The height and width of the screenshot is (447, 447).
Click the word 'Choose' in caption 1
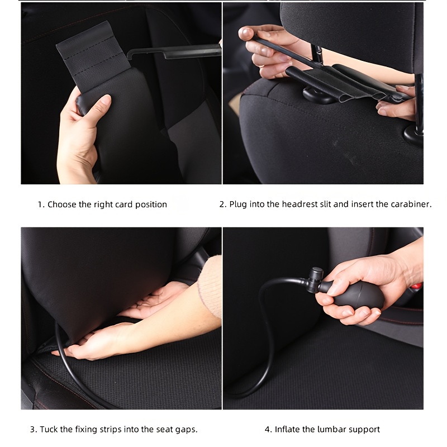62,205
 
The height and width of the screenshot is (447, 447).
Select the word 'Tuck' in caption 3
49,429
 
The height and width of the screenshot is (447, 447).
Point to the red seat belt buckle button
417,286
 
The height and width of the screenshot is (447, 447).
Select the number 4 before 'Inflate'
267,429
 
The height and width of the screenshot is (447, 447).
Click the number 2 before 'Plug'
222,205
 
